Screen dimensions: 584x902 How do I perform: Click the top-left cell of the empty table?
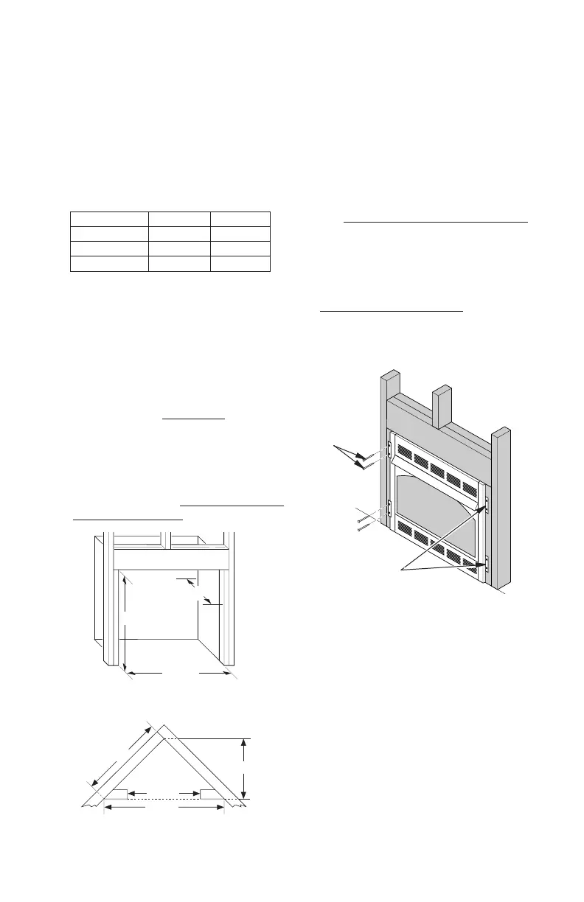pos(109,219)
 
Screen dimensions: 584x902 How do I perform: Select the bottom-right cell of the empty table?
pos(240,265)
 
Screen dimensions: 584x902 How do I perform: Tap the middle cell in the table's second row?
pos(179,234)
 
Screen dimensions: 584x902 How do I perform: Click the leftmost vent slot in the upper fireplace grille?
pos(405,450)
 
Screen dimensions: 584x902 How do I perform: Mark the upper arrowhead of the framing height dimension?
pos(128,583)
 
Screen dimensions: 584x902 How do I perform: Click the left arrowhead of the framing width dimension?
pos(131,672)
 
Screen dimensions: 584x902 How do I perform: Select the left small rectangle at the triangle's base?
pos(116,794)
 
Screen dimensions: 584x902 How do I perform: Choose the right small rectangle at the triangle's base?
pos(212,794)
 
